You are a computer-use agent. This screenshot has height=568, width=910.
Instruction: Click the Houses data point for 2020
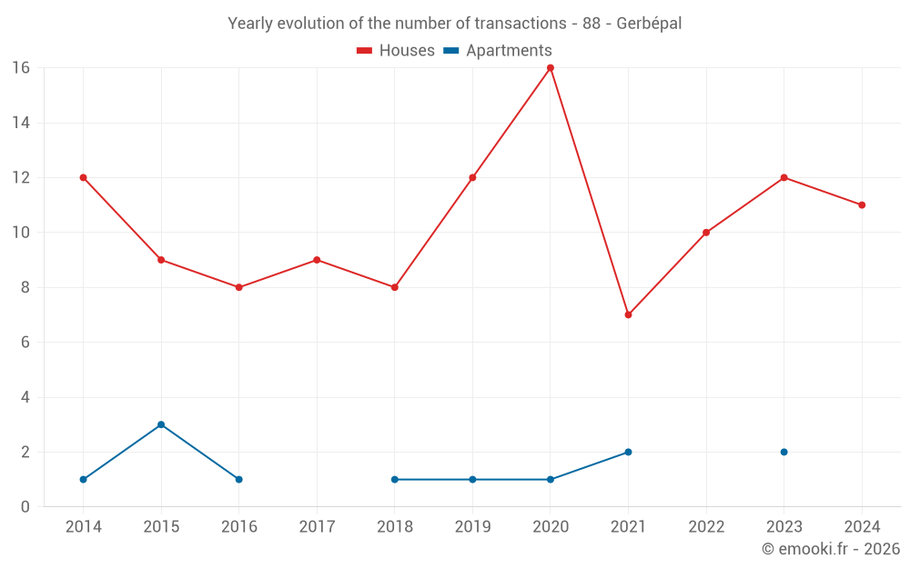click(x=551, y=68)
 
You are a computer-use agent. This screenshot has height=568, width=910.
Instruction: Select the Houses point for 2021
click(x=628, y=314)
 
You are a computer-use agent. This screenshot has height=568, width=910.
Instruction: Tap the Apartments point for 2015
click(x=161, y=424)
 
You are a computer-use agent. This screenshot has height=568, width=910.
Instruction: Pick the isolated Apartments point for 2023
click(x=784, y=452)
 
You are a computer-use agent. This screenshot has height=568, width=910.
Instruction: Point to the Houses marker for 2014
click(x=84, y=177)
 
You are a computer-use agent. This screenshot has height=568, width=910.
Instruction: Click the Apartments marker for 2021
click(x=628, y=452)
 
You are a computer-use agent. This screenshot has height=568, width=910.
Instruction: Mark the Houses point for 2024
click(x=862, y=204)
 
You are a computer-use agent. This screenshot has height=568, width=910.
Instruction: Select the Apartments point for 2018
click(x=395, y=479)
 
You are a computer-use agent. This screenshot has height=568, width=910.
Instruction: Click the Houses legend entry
click(x=396, y=51)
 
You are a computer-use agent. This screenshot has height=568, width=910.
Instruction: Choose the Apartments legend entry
click(x=498, y=51)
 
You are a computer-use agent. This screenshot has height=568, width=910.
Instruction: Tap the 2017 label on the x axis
click(x=317, y=527)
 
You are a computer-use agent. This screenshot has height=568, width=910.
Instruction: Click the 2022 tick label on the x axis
click(x=706, y=527)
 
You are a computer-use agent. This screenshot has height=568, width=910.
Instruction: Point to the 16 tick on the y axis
click(x=21, y=68)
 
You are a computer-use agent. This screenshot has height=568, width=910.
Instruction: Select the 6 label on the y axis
click(x=25, y=343)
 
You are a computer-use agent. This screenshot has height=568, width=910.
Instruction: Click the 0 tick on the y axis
click(x=25, y=507)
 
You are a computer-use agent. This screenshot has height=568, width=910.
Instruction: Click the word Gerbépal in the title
click(x=649, y=24)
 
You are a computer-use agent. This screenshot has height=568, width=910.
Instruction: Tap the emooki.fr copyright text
click(x=831, y=549)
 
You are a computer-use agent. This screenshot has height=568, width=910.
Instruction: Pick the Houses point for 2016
click(x=239, y=287)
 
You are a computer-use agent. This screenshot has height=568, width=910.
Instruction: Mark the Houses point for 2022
click(x=706, y=233)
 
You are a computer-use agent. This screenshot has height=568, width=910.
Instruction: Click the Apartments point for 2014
click(x=84, y=479)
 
